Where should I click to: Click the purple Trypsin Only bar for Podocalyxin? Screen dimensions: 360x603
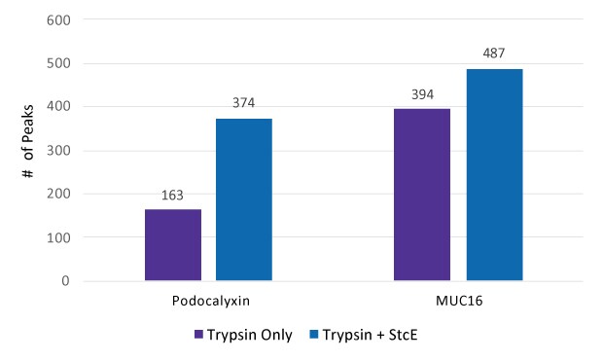point(173,245)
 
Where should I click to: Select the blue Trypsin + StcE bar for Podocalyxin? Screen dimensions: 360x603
point(244,199)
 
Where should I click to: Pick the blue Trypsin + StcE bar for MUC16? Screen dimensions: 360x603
point(494,175)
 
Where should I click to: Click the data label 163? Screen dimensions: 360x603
point(173,195)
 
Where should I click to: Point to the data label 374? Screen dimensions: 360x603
point(244,103)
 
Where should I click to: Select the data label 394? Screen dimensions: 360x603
point(422,94)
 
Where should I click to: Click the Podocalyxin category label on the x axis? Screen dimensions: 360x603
point(208,302)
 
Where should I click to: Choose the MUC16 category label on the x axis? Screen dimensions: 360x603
point(457,302)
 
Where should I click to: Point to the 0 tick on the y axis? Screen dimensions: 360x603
point(64,281)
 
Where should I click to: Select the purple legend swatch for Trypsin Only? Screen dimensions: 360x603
point(197,335)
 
